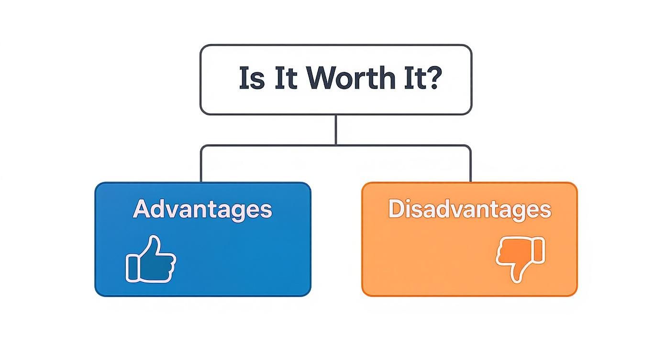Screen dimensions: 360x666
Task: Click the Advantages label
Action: coord(202,209)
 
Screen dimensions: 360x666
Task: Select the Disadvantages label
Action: coord(469,209)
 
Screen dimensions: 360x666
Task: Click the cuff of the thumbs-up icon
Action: coord(133,268)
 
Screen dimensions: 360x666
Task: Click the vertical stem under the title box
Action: coord(335,129)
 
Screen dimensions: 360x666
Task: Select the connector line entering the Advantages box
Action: coord(201,165)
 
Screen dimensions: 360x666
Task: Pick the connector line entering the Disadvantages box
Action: coord(470,165)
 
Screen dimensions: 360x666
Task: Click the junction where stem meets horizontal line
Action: coord(335,145)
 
